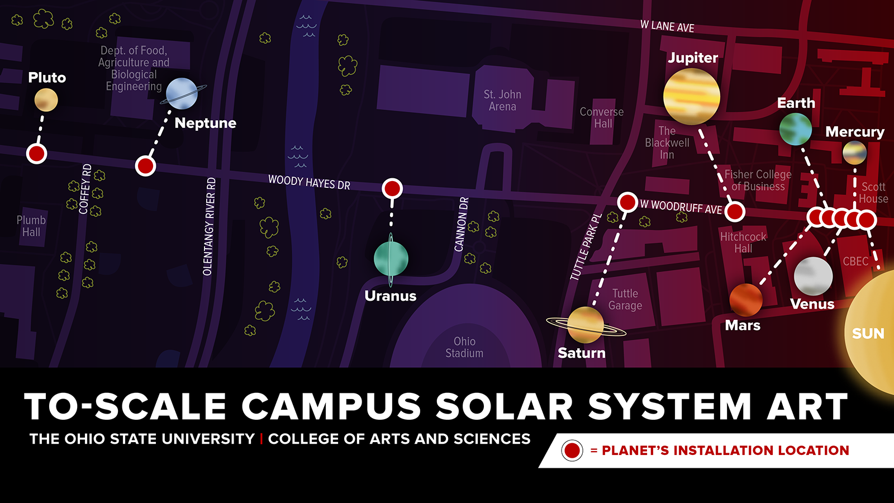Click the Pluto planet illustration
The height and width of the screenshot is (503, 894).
(x=46, y=100)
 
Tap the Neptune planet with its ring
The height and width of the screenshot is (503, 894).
(x=182, y=93)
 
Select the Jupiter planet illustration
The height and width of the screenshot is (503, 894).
(x=691, y=96)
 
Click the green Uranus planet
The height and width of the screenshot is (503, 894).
(x=391, y=259)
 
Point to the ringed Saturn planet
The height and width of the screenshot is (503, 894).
(x=586, y=325)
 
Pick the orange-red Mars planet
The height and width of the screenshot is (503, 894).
(x=746, y=300)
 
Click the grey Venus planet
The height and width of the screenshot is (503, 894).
(x=813, y=276)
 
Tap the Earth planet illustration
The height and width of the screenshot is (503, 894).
(x=796, y=129)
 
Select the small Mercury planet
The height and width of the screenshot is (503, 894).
(x=854, y=153)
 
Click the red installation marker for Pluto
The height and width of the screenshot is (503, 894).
(x=37, y=153)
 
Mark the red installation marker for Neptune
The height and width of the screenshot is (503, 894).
(x=145, y=165)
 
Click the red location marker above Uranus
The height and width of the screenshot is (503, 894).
(x=392, y=188)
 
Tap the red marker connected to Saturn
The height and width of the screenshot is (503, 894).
(x=627, y=202)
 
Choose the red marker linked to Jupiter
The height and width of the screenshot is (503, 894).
(x=735, y=211)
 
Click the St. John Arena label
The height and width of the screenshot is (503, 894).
(x=502, y=101)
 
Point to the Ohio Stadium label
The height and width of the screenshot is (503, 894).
(x=464, y=347)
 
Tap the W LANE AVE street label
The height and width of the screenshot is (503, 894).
(x=667, y=26)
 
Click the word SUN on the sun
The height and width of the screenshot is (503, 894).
(x=868, y=334)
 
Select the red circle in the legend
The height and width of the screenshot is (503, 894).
(x=572, y=450)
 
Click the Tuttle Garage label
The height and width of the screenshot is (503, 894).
(x=625, y=300)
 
